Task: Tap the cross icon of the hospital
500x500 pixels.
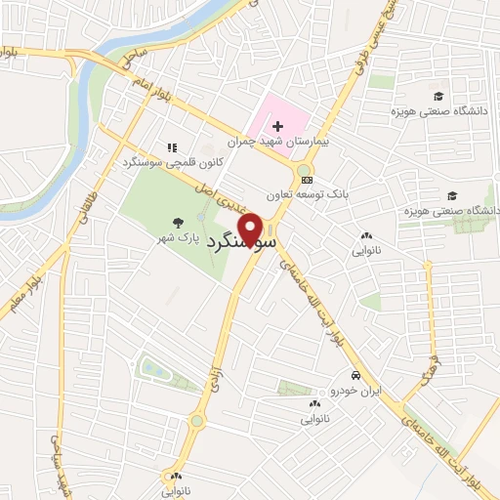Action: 277,126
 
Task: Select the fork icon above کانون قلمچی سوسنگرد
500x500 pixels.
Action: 171,146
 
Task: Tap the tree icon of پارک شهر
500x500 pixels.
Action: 177,223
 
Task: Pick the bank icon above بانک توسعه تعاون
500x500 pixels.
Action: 308,180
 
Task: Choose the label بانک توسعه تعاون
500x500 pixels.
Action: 311,194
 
